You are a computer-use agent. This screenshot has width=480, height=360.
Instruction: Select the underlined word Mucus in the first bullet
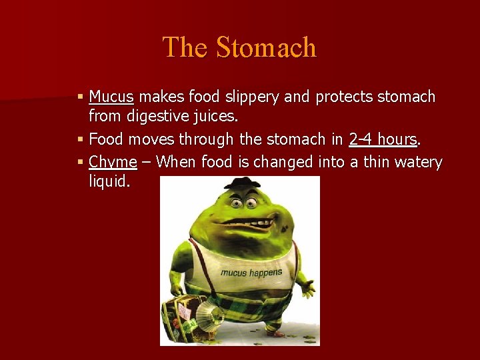pyautogui.click(x=111, y=97)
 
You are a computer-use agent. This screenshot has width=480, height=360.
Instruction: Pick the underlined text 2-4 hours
pyautogui.click(x=383, y=140)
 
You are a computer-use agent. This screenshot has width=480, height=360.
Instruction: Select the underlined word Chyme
pyautogui.click(x=113, y=162)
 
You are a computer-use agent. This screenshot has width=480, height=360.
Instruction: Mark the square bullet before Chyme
pyautogui.click(x=81, y=162)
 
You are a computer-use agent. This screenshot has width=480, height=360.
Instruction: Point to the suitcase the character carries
pyautogui.click(x=181, y=314)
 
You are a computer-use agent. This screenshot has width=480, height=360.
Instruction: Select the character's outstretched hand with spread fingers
pyautogui.click(x=307, y=286)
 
